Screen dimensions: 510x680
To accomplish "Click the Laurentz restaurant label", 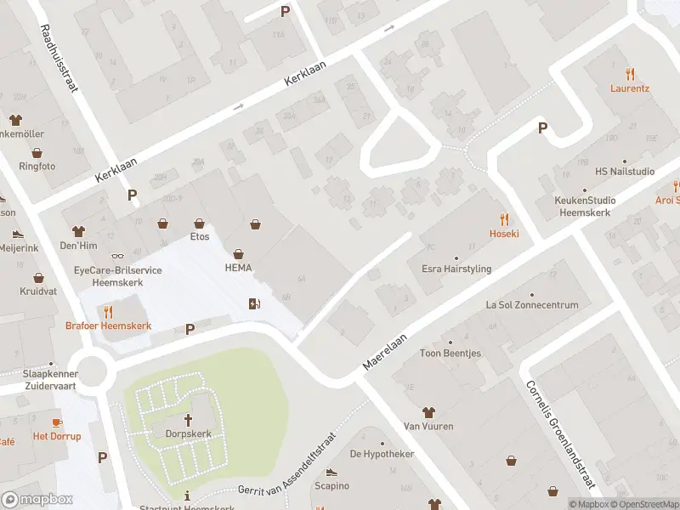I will pyautogui.click(x=630, y=88).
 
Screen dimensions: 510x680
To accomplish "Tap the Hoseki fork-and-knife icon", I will pyautogui.click(x=504, y=218).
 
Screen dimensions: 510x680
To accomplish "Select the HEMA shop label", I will pyautogui.click(x=240, y=268).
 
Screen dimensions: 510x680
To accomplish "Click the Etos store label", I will pyautogui.click(x=200, y=236).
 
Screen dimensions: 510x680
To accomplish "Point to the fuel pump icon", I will pyautogui.click(x=253, y=303).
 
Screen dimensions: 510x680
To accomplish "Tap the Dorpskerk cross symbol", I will pyautogui.click(x=189, y=420).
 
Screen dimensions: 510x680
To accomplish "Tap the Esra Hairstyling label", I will pyautogui.click(x=456, y=269).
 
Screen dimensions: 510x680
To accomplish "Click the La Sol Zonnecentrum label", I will pyautogui.click(x=532, y=305).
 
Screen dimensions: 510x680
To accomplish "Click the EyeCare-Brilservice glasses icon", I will pyautogui.click(x=117, y=256).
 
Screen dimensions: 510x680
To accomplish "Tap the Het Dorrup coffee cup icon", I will pyautogui.click(x=57, y=422).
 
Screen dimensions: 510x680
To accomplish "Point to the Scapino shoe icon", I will pyautogui.click(x=331, y=473).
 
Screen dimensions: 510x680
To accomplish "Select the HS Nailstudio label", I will pyautogui.click(x=625, y=172).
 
